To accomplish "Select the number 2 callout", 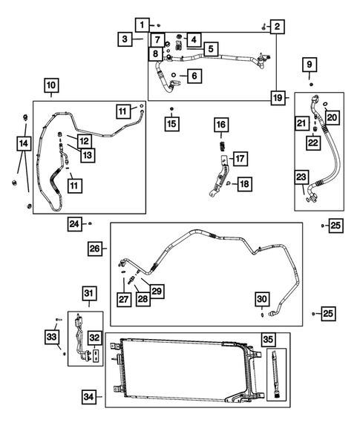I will tap(277, 27).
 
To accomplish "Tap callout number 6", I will tap(193, 76).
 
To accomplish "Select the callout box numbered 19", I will tap(277, 98).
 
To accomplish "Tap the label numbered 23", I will tap(301, 177).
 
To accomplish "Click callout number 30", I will tap(263, 299).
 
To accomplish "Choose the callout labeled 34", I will tap(89, 398).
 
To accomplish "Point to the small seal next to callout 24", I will tap(91, 223).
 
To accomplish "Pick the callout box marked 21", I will tap(301, 123).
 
